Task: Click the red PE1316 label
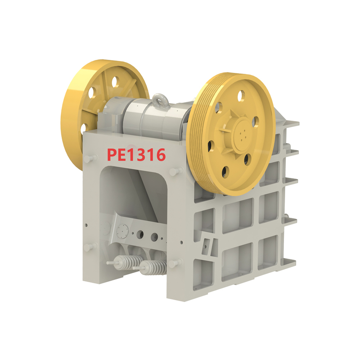tap(136, 154)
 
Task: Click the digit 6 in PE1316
tap(160, 154)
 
